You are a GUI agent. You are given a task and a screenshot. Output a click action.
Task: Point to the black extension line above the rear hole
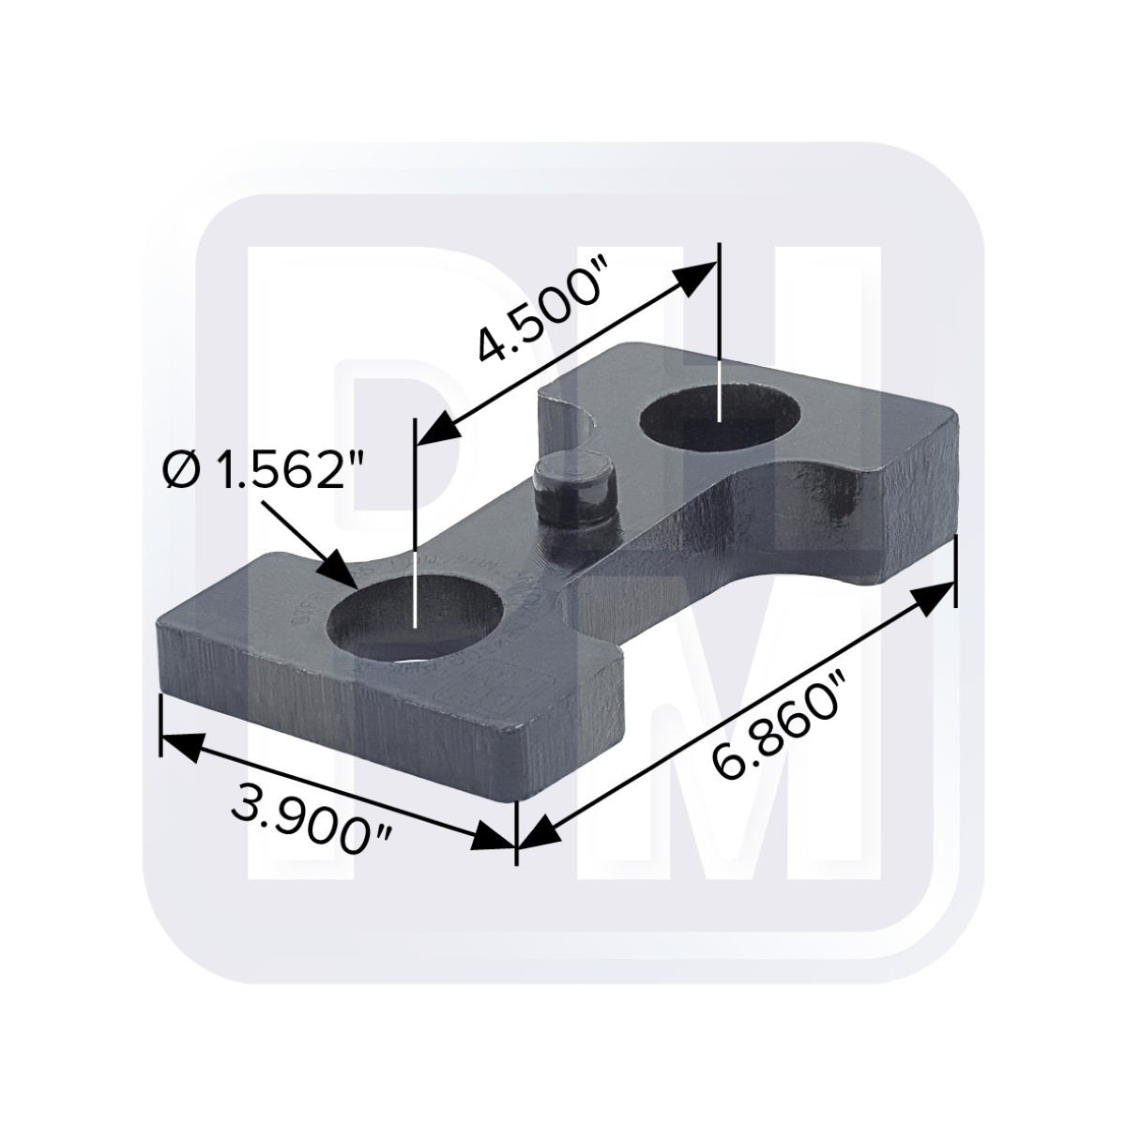point(719,300)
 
